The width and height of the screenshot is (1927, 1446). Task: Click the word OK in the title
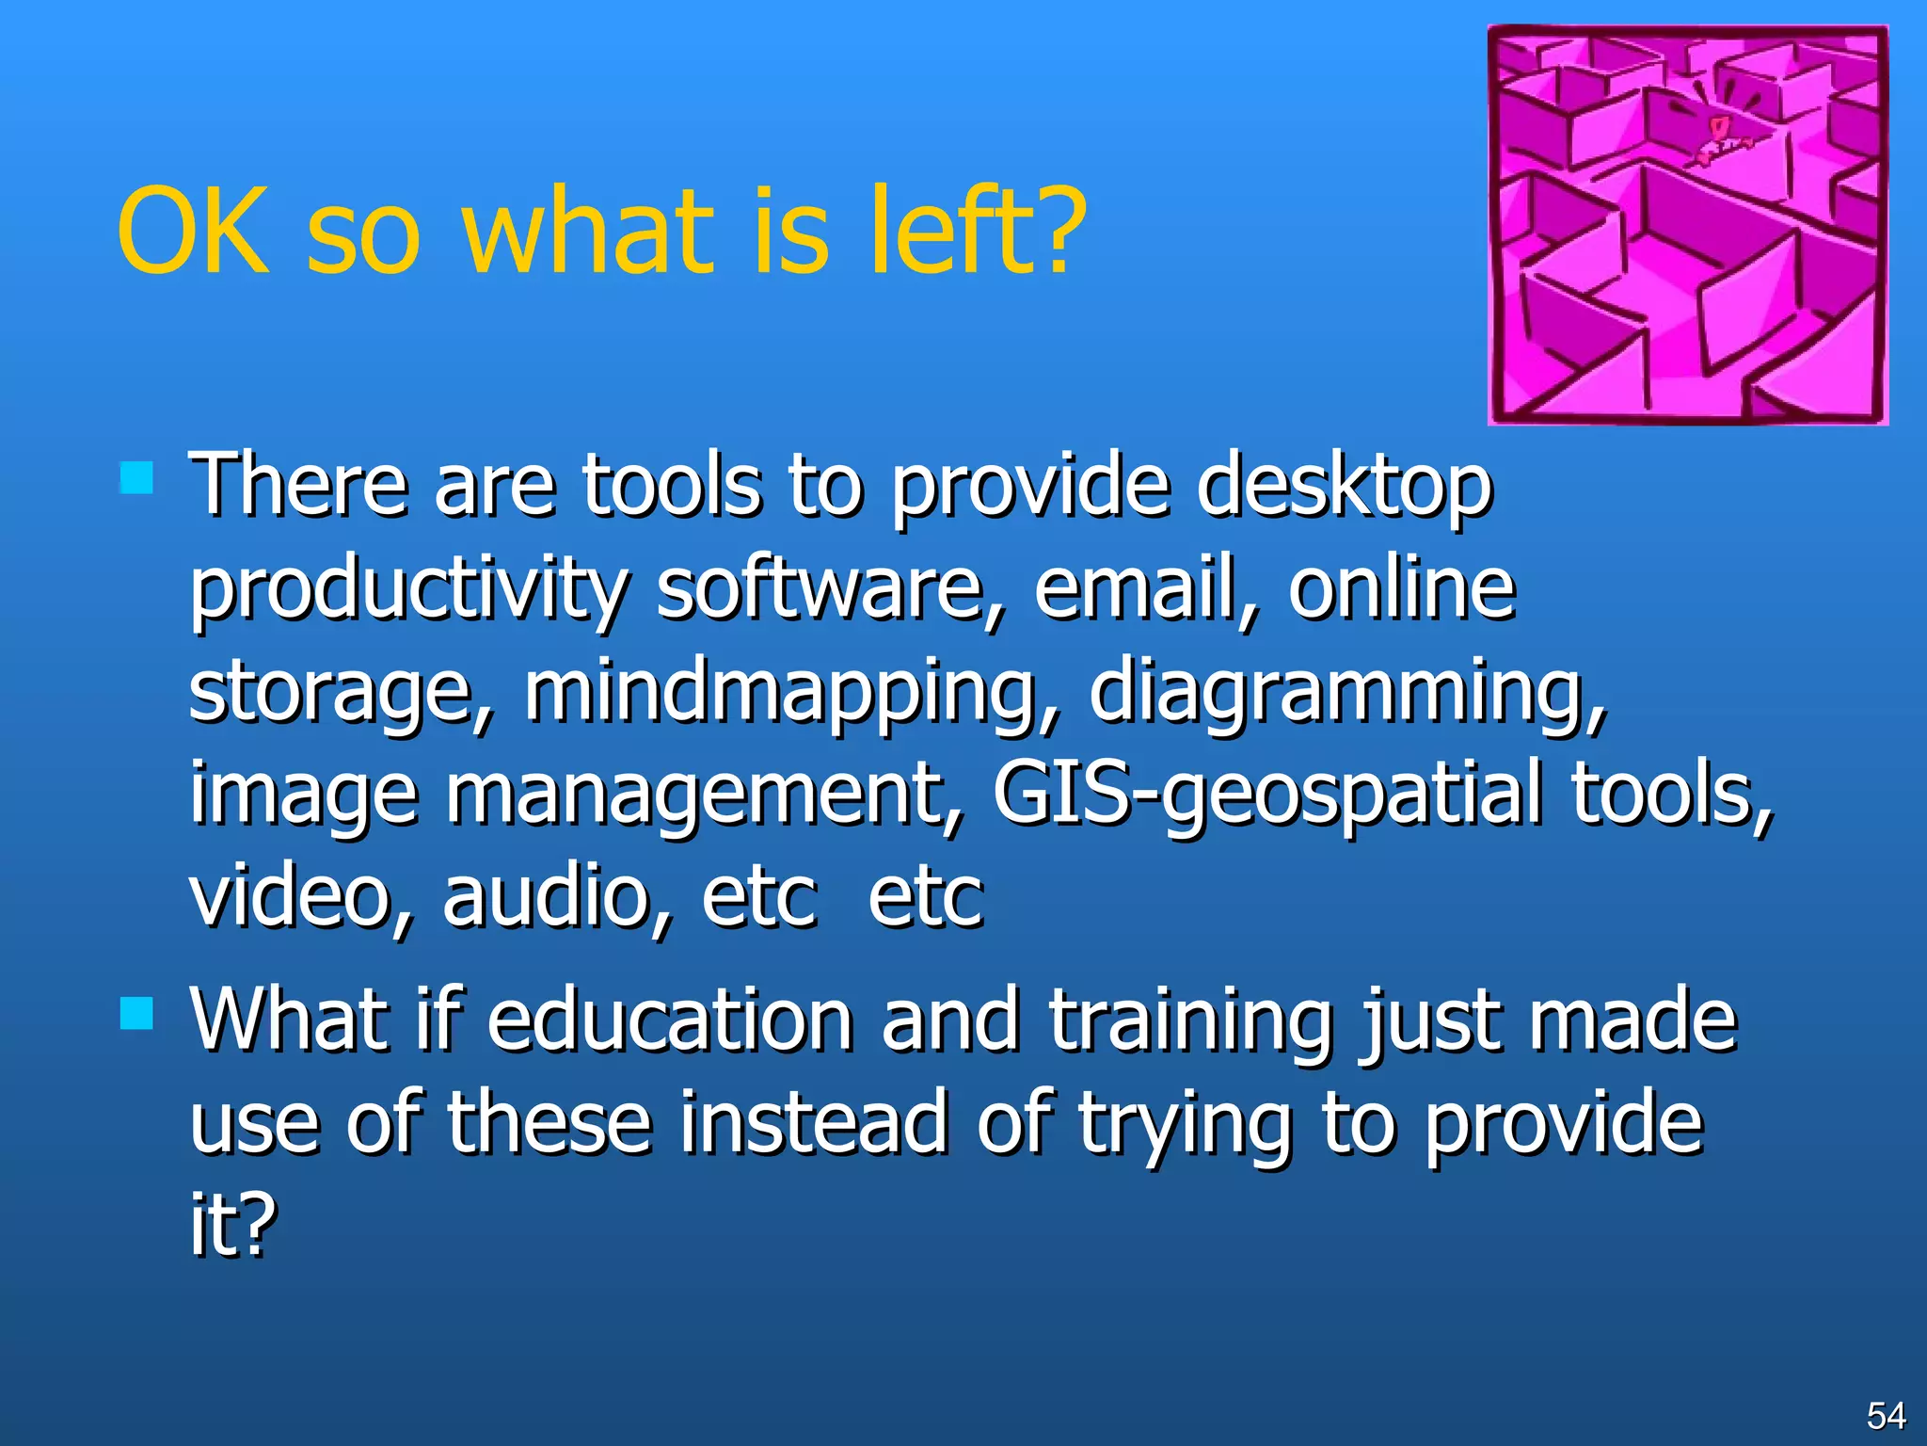pos(193,231)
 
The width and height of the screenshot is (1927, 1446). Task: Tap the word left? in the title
pos(979,231)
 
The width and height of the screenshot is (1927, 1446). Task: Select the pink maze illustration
pos(1687,226)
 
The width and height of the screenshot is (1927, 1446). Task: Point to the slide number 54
pos(1886,1416)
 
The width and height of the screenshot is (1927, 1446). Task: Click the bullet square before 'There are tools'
pos(137,477)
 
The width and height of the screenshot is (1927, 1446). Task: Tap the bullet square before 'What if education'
pos(137,1013)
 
